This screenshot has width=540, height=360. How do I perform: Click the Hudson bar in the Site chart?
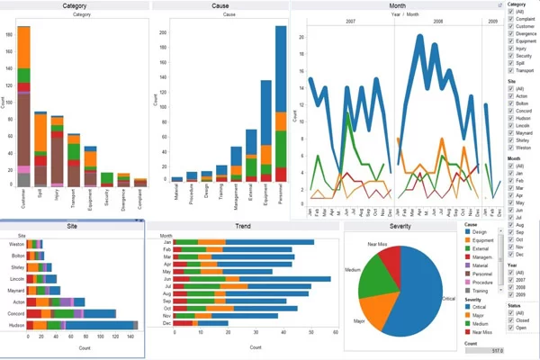(81, 324)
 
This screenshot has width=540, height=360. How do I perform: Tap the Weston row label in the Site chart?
(16, 244)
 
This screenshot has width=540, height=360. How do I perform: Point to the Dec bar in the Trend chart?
(225, 323)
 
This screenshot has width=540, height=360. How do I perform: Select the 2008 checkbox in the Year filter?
(511, 286)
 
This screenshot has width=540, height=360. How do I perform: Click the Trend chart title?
(242, 226)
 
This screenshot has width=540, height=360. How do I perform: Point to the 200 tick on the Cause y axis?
(165, 31)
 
